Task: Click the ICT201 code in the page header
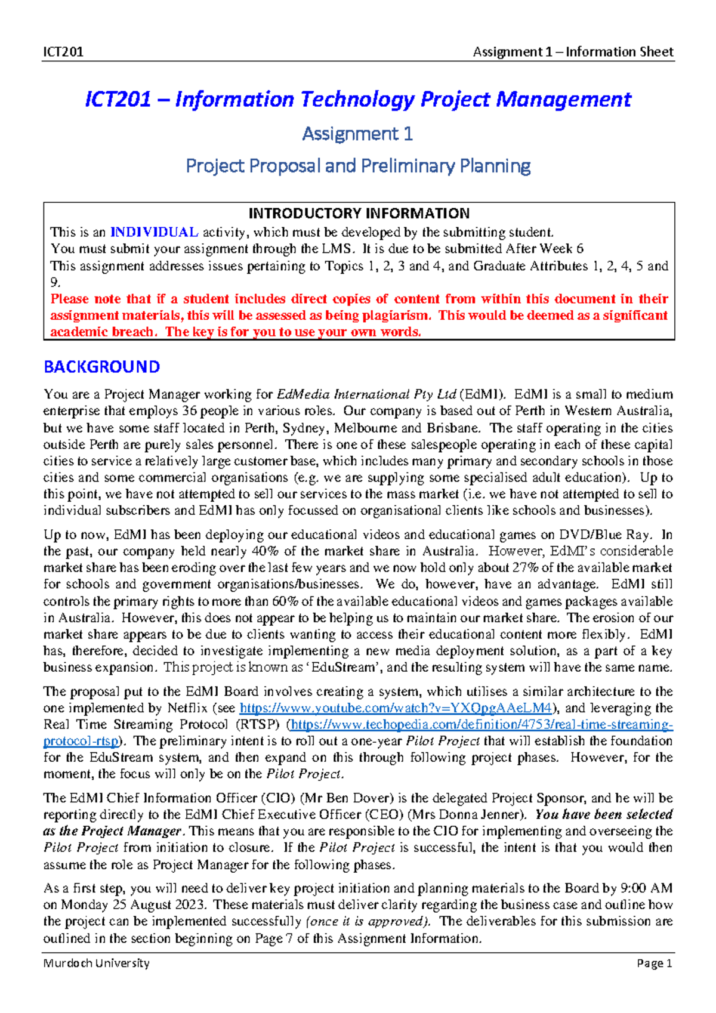[63, 52]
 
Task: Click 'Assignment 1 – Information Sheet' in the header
[573, 52]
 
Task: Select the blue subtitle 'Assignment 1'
[357, 134]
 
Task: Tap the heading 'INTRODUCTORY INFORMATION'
[359, 214]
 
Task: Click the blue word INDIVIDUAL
[155, 232]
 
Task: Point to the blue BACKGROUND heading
[101, 367]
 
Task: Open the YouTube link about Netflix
[396, 708]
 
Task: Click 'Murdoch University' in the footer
[96, 963]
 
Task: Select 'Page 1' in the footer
[655, 963]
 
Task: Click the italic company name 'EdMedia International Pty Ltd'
[367, 394]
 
